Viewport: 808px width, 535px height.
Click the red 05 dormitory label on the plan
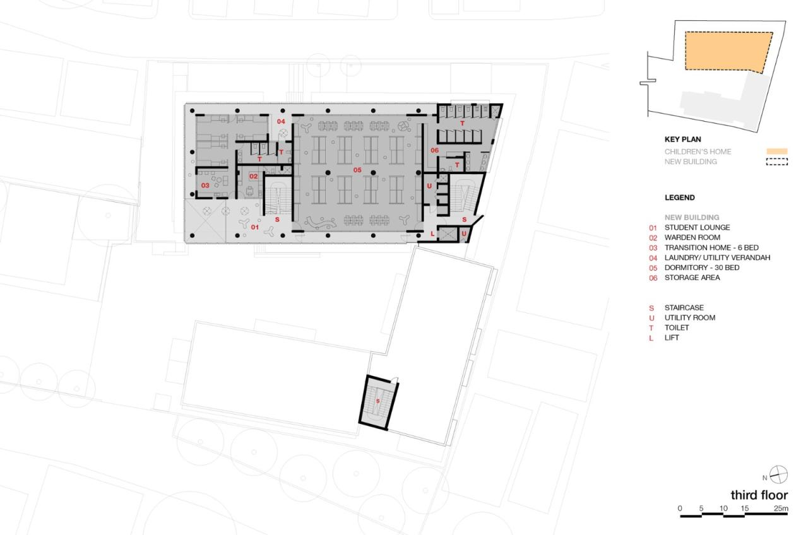click(357, 170)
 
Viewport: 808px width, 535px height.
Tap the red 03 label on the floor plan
click(205, 185)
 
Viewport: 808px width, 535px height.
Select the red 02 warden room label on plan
click(253, 177)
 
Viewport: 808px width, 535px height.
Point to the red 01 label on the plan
click(255, 226)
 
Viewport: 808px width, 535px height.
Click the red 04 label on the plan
click(280, 121)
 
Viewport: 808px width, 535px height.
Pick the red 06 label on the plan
click(434, 150)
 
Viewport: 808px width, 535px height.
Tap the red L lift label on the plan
click(432, 234)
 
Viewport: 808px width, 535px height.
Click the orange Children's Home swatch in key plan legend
click(776, 151)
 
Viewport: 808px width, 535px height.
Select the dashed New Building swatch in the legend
click(776, 162)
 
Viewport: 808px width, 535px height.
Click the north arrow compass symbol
click(780, 475)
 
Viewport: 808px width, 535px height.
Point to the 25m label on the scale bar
click(781, 509)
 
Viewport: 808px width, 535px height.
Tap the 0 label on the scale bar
click(680, 509)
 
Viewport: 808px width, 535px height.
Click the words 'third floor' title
click(759, 495)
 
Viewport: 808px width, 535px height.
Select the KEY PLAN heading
click(682, 139)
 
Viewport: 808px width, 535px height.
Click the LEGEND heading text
click(679, 197)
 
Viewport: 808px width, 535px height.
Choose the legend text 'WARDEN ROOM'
click(692, 237)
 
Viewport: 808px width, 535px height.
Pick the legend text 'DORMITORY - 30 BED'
click(702, 267)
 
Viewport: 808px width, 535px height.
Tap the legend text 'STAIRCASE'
click(684, 308)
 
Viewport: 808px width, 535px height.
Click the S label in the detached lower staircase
click(378, 401)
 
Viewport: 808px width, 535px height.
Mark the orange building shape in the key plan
click(726, 52)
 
